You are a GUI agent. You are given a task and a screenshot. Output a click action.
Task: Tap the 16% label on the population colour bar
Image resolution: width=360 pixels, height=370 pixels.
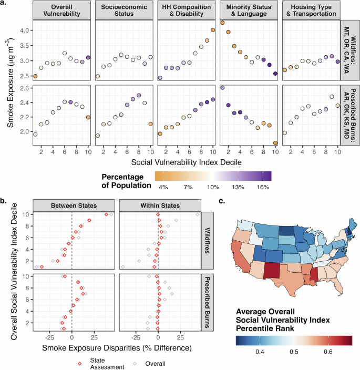tap(264, 187)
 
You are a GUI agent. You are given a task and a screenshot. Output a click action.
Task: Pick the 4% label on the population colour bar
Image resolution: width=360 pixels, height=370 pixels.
tap(162, 187)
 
